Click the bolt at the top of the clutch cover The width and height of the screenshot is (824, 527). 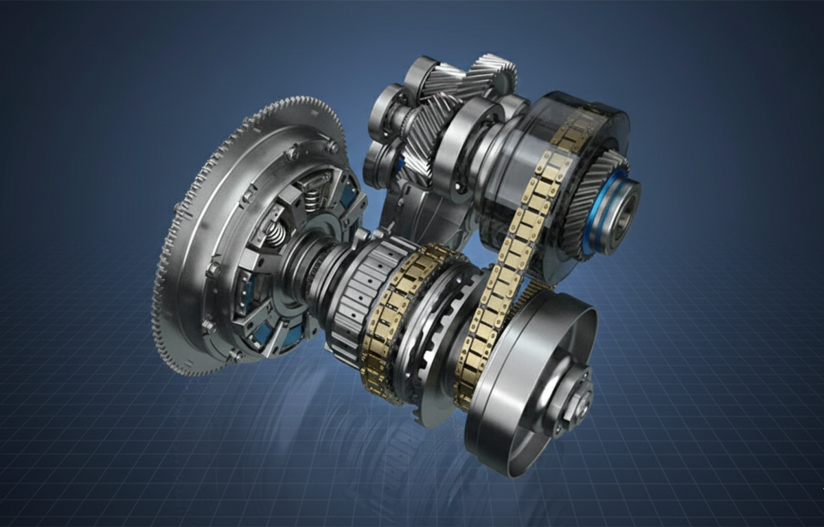pos(332,146)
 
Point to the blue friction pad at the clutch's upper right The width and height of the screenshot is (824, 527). pos(347,196)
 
